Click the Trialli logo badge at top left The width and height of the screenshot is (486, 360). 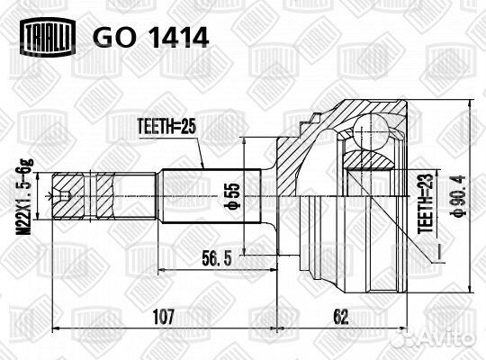(x=48, y=37)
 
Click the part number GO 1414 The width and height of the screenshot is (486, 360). (x=151, y=38)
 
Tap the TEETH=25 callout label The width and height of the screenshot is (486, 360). (x=166, y=127)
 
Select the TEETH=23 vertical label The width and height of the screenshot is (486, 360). (x=425, y=203)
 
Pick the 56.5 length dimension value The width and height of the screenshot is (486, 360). (x=217, y=258)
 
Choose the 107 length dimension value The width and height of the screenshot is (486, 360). (x=164, y=317)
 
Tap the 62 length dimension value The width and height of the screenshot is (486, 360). (x=341, y=317)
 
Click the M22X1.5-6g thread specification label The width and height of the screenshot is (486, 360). (x=24, y=197)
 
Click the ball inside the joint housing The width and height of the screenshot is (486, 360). (x=371, y=130)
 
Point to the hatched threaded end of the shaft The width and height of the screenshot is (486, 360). (x=84, y=196)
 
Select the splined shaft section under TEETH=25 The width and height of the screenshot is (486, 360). (x=211, y=196)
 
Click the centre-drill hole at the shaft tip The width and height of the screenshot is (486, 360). (x=65, y=195)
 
